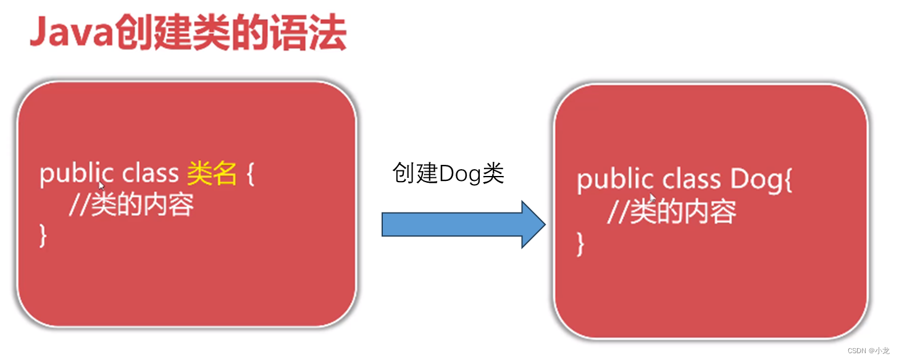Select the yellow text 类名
click(x=212, y=175)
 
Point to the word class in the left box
click(x=150, y=175)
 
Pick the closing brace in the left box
click(x=43, y=236)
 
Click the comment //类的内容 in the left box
click(x=131, y=205)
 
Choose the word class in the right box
click(x=691, y=180)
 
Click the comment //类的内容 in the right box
click(x=671, y=212)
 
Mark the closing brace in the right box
click(x=580, y=244)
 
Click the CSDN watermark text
click(x=868, y=351)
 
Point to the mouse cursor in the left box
click(x=101, y=185)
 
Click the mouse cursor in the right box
click(x=652, y=198)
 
